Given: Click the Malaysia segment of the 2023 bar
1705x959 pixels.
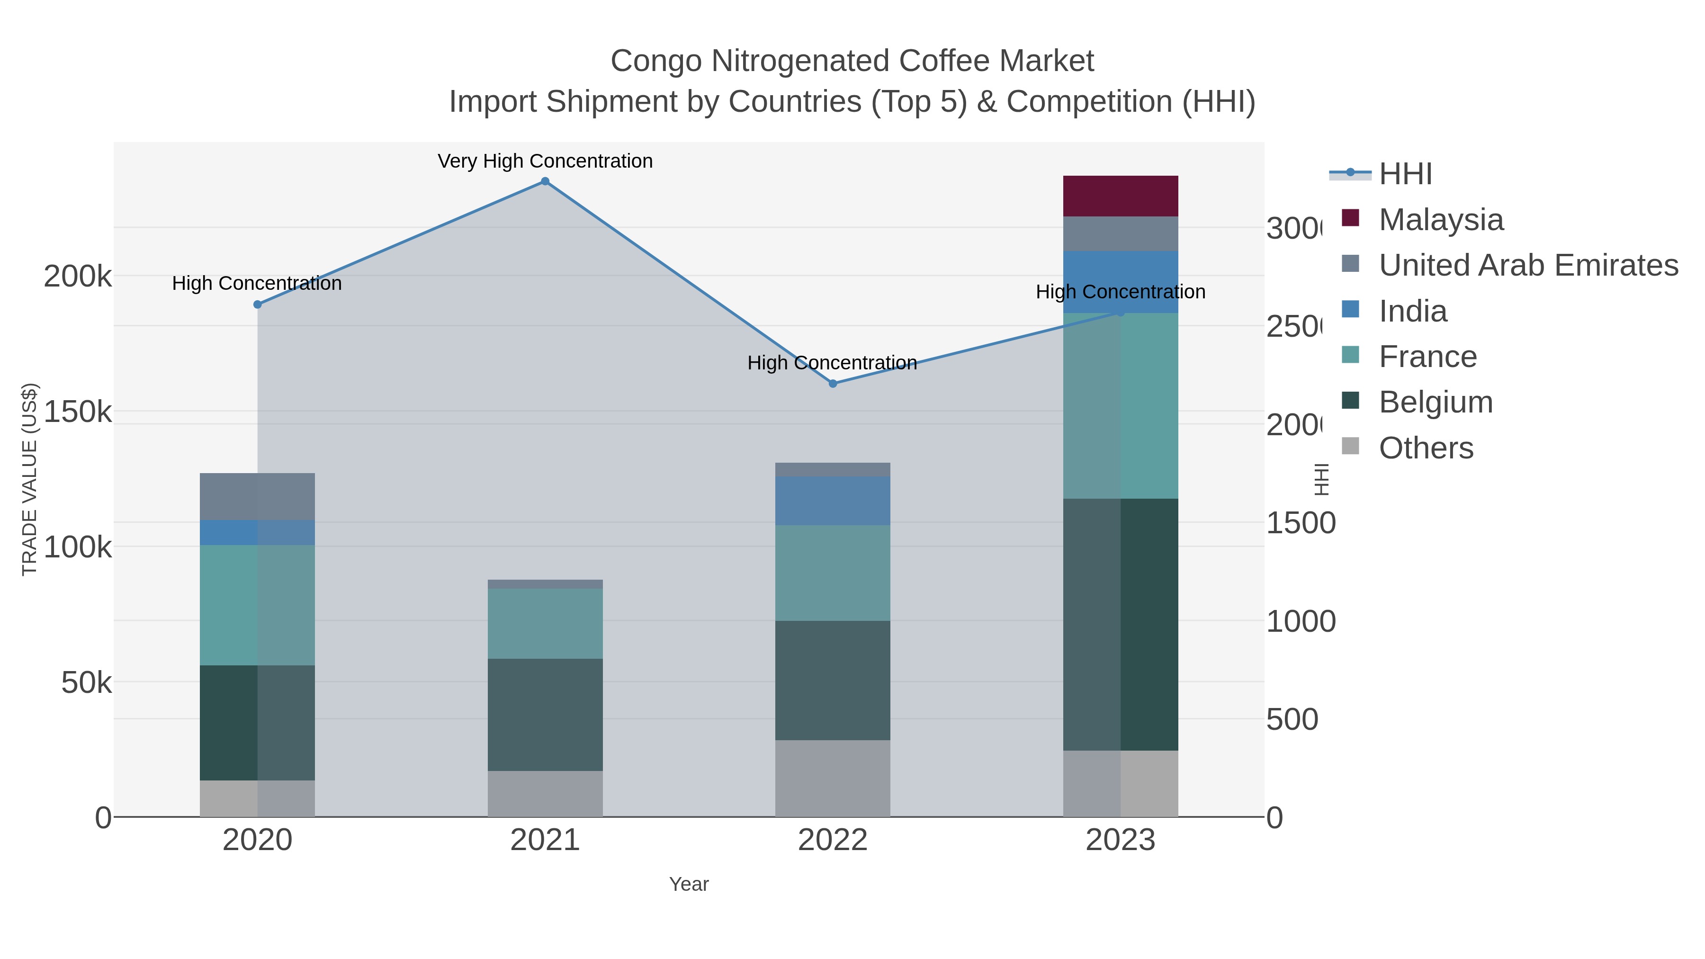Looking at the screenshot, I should pyautogui.click(x=1120, y=196).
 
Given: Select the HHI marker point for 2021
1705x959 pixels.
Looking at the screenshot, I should pyautogui.click(x=545, y=181).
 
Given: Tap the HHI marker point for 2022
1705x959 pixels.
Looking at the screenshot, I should pyautogui.click(x=833, y=383).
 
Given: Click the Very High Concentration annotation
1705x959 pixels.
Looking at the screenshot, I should pyautogui.click(x=545, y=161).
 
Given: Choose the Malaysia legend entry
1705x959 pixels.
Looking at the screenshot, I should pyautogui.click(x=1440, y=220).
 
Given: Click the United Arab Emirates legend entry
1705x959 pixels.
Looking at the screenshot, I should pyautogui.click(x=1527, y=265).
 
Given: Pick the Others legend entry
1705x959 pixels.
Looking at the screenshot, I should pyautogui.click(x=1425, y=448).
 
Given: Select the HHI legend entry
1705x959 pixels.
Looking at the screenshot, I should pyautogui.click(x=1405, y=174).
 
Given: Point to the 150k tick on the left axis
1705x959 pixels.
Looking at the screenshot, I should pyautogui.click(x=78, y=412).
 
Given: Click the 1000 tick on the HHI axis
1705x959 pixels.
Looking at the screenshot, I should pyautogui.click(x=1300, y=621).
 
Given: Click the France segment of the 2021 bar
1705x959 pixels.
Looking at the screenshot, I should pyautogui.click(x=545, y=623).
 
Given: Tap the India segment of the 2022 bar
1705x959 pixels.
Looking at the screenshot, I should pyautogui.click(x=833, y=501).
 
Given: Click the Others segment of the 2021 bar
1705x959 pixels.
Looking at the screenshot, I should pyautogui.click(x=545, y=794).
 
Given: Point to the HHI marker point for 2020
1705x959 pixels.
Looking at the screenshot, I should pyautogui.click(x=258, y=305).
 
